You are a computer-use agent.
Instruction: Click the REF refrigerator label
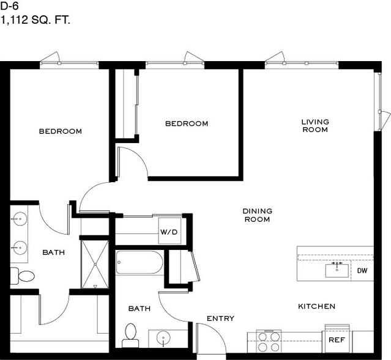click(x=337, y=340)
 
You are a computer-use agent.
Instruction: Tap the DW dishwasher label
click(x=362, y=271)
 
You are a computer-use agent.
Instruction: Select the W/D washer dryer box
click(x=169, y=231)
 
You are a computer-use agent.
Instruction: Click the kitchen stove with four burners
click(x=269, y=342)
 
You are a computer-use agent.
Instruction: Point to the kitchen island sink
click(x=337, y=270)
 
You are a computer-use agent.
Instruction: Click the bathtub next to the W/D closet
click(x=140, y=262)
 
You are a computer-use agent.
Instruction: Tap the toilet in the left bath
click(x=23, y=276)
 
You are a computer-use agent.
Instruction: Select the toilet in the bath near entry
click(x=130, y=335)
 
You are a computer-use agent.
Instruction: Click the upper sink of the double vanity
click(x=20, y=219)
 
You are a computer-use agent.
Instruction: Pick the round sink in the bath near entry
click(x=163, y=337)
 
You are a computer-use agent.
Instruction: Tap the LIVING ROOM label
click(x=315, y=125)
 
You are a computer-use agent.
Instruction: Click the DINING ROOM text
click(x=258, y=215)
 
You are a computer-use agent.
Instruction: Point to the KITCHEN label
click(x=317, y=306)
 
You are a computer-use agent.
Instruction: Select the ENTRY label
click(x=220, y=318)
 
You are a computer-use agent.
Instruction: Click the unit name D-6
click(x=9, y=6)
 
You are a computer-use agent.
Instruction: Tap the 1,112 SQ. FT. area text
click(x=35, y=20)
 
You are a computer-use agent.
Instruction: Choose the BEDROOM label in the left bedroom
click(x=61, y=131)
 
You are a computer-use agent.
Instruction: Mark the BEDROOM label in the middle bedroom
click(x=187, y=123)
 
